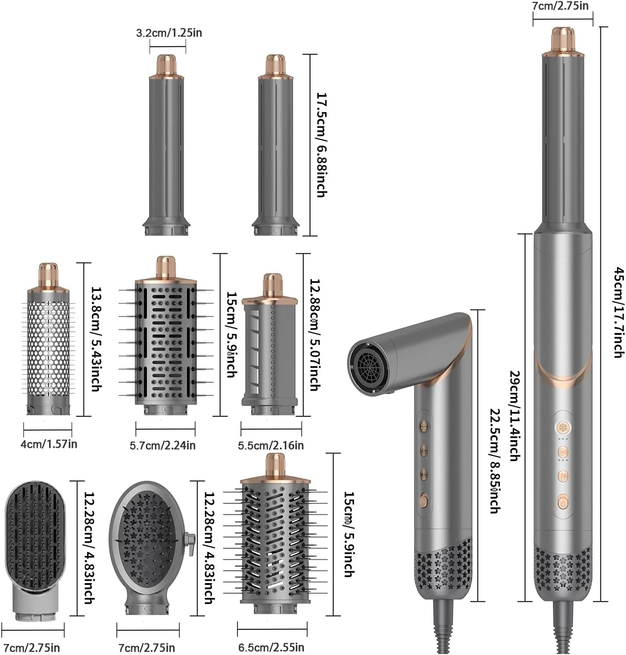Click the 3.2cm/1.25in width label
click(x=169, y=33)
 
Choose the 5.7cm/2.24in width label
click(x=163, y=445)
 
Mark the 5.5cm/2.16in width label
click(x=271, y=445)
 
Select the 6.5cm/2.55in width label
click(x=271, y=647)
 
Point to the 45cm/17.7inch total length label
click(x=619, y=312)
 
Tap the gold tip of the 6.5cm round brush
click(x=275, y=464)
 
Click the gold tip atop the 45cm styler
click(x=563, y=38)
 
